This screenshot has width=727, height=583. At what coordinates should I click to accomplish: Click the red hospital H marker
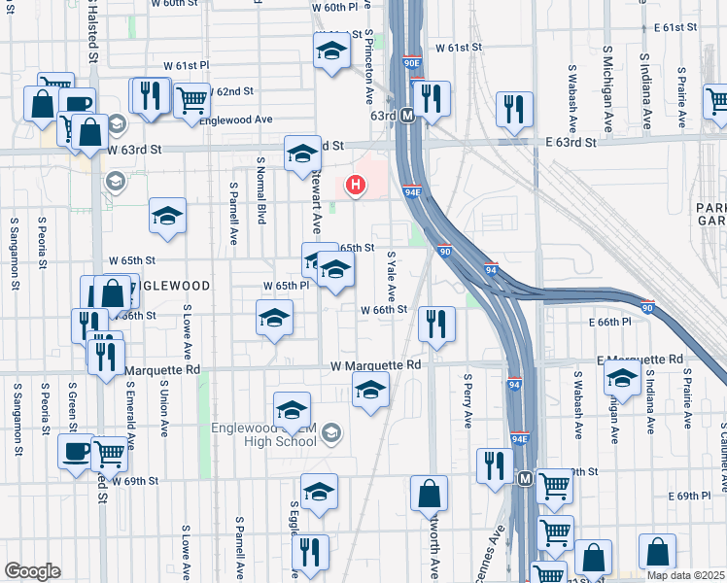pos(357,184)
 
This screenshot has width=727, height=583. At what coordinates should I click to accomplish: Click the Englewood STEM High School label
pos(269,432)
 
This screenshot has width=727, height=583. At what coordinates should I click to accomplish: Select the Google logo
pos(32,571)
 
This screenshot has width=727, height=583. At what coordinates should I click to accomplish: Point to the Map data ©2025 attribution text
pos(685,574)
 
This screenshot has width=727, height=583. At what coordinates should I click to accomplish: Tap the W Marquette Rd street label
pos(375,364)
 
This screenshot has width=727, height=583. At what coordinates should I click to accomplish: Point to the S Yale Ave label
pos(391,275)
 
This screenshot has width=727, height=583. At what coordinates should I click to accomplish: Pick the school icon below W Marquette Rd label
pos(368,392)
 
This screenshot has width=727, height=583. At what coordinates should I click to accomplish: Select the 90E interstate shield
pos(411,64)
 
